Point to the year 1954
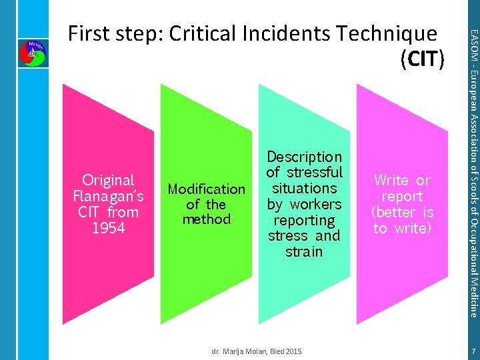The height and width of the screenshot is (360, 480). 108,228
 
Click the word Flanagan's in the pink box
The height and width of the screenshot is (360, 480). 108,196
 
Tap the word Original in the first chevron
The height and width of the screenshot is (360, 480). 108,180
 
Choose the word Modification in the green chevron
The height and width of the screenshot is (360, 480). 207,189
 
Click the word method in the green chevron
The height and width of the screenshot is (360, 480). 207,219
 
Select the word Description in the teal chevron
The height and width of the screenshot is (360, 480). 304,157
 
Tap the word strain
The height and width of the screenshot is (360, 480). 304,251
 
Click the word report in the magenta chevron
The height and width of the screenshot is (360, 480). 402,196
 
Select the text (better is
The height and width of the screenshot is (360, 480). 402,212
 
